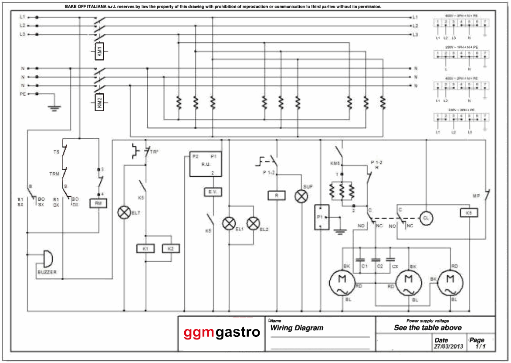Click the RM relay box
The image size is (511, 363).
click(98, 203)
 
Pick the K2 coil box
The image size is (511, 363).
click(171, 248)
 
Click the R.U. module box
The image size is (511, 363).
click(206, 164)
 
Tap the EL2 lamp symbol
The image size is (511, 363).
click(253, 224)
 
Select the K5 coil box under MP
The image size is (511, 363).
click(469, 213)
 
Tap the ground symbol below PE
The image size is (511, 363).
click(54, 107)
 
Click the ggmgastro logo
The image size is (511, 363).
click(222, 332)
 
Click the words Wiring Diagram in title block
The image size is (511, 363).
click(297, 328)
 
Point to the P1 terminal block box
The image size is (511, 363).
click(321, 216)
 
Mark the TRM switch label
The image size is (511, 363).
click(54, 174)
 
